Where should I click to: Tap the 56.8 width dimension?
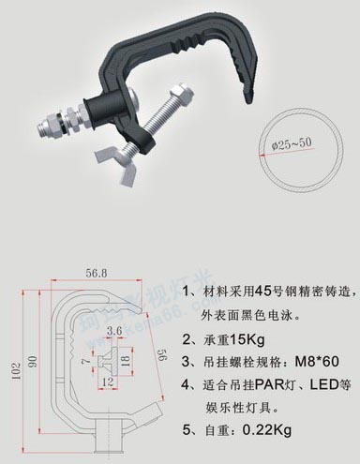click(x=98, y=274)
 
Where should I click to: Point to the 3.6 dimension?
click(x=114, y=330)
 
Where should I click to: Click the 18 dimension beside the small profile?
click(x=126, y=359)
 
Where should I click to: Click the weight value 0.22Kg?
click(x=267, y=431)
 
